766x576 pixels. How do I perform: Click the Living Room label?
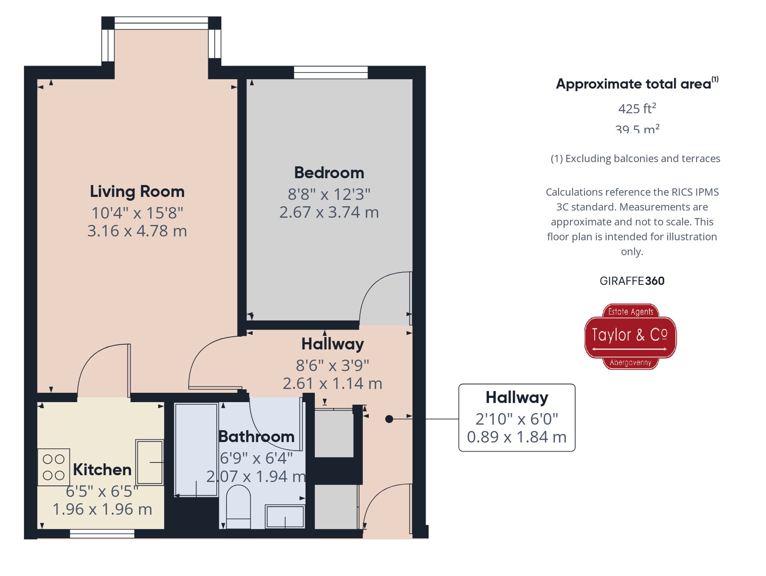click(x=137, y=192)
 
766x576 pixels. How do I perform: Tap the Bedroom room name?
click(x=329, y=173)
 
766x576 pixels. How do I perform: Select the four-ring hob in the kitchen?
click(x=54, y=467)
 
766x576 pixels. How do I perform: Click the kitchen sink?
click(x=149, y=462)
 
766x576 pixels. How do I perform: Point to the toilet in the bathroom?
click(x=238, y=507)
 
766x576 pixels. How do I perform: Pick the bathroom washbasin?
click(x=285, y=516)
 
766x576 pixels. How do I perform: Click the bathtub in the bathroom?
click(x=196, y=450)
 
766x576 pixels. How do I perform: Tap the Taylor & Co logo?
click(x=630, y=336)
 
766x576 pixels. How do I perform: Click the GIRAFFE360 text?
click(x=632, y=281)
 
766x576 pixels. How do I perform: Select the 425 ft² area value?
click(x=637, y=109)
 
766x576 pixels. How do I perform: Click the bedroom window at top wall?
click(x=331, y=72)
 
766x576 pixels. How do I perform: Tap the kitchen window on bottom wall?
click(x=102, y=533)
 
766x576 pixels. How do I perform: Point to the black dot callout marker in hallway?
click(x=389, y=419)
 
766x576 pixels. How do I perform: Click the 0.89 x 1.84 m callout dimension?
click(x=516, y=437)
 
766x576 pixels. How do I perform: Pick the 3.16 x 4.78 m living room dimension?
click(x=137, y=231)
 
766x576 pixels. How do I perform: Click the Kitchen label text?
click(x=102, y=470)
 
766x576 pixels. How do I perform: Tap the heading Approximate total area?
click(x=633, y=84)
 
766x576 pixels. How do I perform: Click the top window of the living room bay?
click(x=161, y=23)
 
